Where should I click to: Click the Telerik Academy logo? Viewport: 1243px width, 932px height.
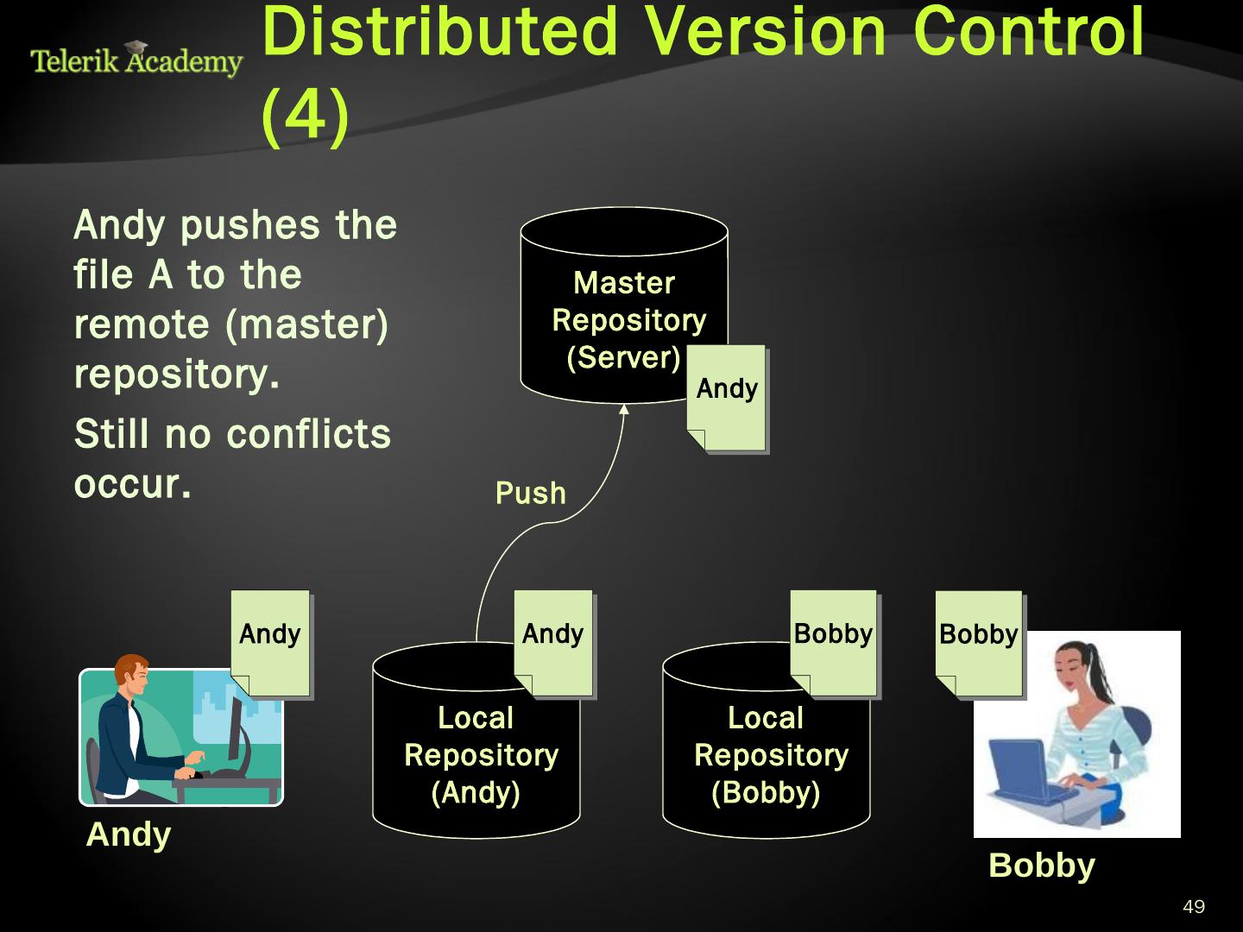(x=136, y=60)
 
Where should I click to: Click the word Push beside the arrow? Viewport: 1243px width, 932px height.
(x=530, y=493)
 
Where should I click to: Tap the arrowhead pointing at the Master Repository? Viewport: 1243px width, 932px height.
(x=624, y=409)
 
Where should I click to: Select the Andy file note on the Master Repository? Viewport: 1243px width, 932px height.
(x=726, y=398)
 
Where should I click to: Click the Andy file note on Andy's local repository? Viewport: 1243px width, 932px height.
(x=553, y=643)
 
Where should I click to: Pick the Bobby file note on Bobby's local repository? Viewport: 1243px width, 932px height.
(x=833, y=643)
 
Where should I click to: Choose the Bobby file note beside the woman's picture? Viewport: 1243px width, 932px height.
(x=978, y=644)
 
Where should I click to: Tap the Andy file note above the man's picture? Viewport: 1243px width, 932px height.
(x=270, y=643)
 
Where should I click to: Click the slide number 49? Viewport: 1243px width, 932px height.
(x=1194, y=906)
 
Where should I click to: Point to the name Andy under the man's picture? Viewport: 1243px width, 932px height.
(x=129, y=834)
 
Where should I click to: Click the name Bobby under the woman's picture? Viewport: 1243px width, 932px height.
(x=1041, y=865)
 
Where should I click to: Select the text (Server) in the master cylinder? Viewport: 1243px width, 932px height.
(x=623, y=357)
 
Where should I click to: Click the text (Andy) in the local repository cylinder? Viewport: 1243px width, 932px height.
(x=476, y=792)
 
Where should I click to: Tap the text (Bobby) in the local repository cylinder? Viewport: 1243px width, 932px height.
(x=766, y=792)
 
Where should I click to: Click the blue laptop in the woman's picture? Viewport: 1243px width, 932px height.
(x=1024, y=768)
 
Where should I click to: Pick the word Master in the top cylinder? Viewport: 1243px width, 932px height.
(x=624, y=282)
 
